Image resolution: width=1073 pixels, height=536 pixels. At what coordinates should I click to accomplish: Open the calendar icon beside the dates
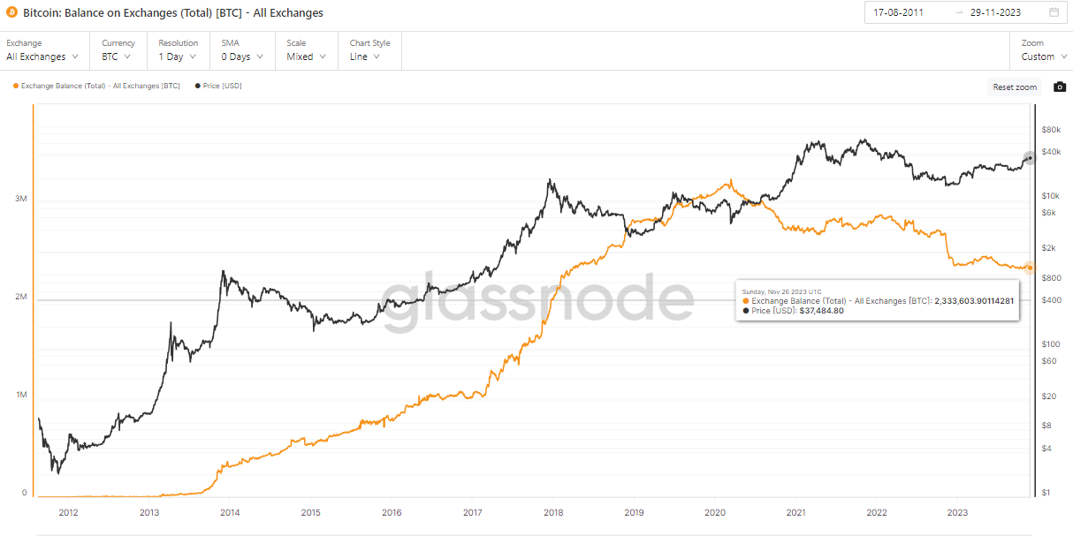tap(1054, 12)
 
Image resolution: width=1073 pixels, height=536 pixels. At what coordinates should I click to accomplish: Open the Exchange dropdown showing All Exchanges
tap(42, 57)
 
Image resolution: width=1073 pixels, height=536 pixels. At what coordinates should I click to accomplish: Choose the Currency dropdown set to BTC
tap(116, 57)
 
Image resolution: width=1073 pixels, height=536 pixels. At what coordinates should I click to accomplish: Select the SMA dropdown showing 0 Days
tap(241, 57)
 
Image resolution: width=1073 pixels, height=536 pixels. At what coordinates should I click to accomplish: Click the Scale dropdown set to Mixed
tap(306, 57)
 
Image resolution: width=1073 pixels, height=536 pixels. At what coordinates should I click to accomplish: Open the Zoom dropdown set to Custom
tap(1043, 57)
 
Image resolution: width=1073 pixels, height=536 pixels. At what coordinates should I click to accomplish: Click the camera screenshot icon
tap(1060, 87)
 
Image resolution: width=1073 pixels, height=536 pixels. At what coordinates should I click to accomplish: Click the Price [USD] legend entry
tap(220, 86)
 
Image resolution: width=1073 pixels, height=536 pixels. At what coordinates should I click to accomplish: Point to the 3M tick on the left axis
tap(20, 199)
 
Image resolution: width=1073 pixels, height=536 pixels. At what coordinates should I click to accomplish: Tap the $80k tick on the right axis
tap(1050, 130)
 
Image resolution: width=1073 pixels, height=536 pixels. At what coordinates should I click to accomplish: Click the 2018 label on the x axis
tap(552, 512)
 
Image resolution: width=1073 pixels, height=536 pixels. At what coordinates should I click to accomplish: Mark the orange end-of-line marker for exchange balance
tap(1029, 267)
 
